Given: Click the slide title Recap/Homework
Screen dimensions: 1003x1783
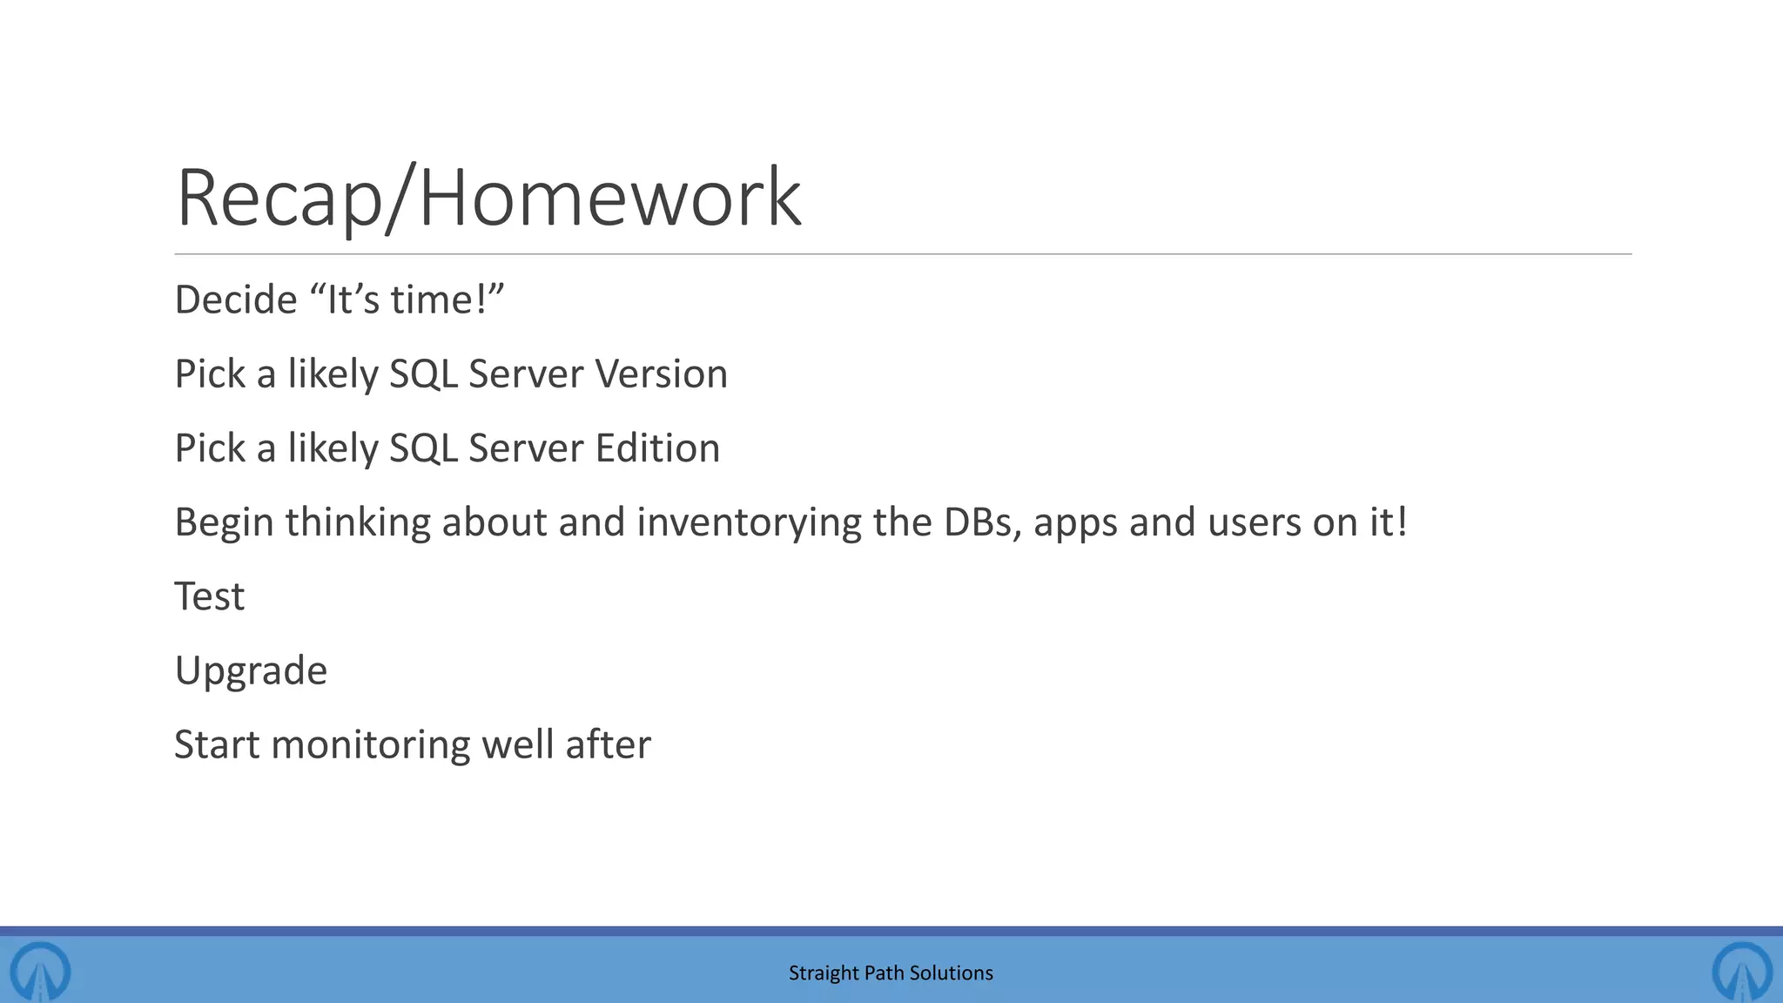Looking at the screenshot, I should pos(488,199).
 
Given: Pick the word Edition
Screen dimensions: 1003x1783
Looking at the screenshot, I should pos(657,448).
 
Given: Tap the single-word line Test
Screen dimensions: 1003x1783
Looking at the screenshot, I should pos(210,597).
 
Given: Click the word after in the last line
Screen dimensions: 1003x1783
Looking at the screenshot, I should pos(608,745).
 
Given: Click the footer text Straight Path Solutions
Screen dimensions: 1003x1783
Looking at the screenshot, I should pos(891,973).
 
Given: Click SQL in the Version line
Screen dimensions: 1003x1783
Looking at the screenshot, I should pos(423,374).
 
